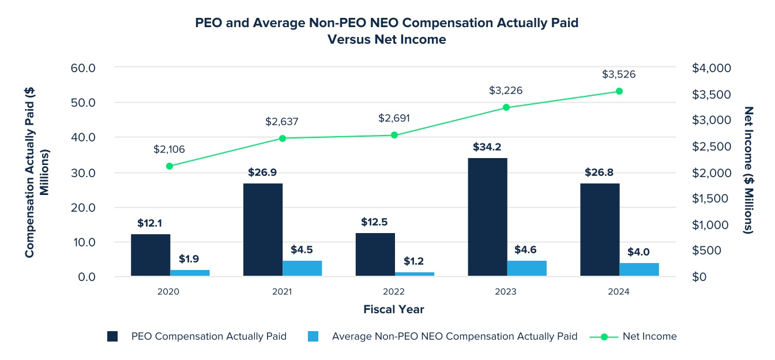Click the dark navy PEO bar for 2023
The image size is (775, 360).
click(487, 217)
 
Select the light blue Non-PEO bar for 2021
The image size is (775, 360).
click(302, 268)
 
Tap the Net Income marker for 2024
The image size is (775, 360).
click(619, 91)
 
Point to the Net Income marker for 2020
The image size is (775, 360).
click(170, 166)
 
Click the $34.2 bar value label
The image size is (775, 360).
click(487, 147)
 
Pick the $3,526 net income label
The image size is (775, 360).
click(619, 74)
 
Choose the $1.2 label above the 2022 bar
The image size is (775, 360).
click(414, 261)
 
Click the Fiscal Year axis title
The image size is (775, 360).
click(393, 310)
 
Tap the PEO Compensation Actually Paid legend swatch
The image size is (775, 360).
click(112, 336)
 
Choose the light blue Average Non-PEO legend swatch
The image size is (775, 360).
click(313, 336)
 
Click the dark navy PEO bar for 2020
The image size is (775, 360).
click(151, 255)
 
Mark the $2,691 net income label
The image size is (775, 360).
click(394, 118)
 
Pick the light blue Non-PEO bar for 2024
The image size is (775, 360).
click(639, 269)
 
